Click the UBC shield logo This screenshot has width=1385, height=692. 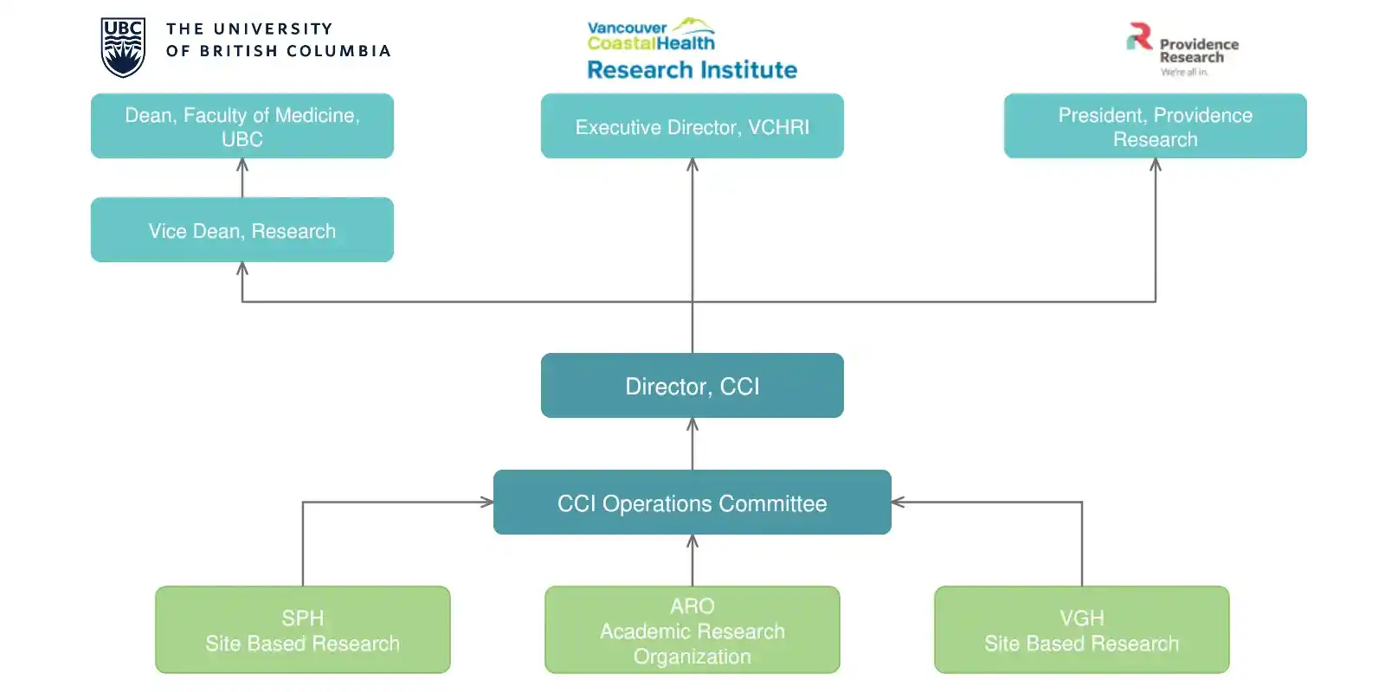[x=123, y=48]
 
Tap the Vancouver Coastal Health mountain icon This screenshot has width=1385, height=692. [x=693, y=25]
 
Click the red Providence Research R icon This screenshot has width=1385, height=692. [x=1139, y=35]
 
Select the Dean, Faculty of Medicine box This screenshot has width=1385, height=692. [x=242, y=126]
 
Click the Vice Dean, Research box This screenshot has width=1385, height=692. [x=242, y=230]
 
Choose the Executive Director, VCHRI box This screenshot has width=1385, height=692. [x=692, y=126]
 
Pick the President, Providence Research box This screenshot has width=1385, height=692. [x=1155, y=126]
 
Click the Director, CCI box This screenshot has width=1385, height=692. [x=692, y=386]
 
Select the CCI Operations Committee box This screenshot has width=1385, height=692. [x=692, y=503]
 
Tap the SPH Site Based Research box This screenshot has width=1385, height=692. [x=303, y=630]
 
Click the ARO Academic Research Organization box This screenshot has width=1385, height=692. [x=692, y=630]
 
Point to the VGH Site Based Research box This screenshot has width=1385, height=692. [x=1081, y=630]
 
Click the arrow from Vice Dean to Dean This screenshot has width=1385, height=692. [x=242, y=178]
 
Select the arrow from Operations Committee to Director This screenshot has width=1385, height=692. [x=692, y=444]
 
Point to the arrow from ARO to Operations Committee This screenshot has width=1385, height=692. [x=692, y=561]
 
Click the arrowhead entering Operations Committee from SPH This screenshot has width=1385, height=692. [x=487, y=503]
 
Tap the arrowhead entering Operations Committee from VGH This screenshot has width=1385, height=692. [x=898, y=503]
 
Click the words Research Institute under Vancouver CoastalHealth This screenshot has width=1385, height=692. [x=692, y=70]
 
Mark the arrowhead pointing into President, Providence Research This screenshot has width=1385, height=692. [x=1155, y=164]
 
